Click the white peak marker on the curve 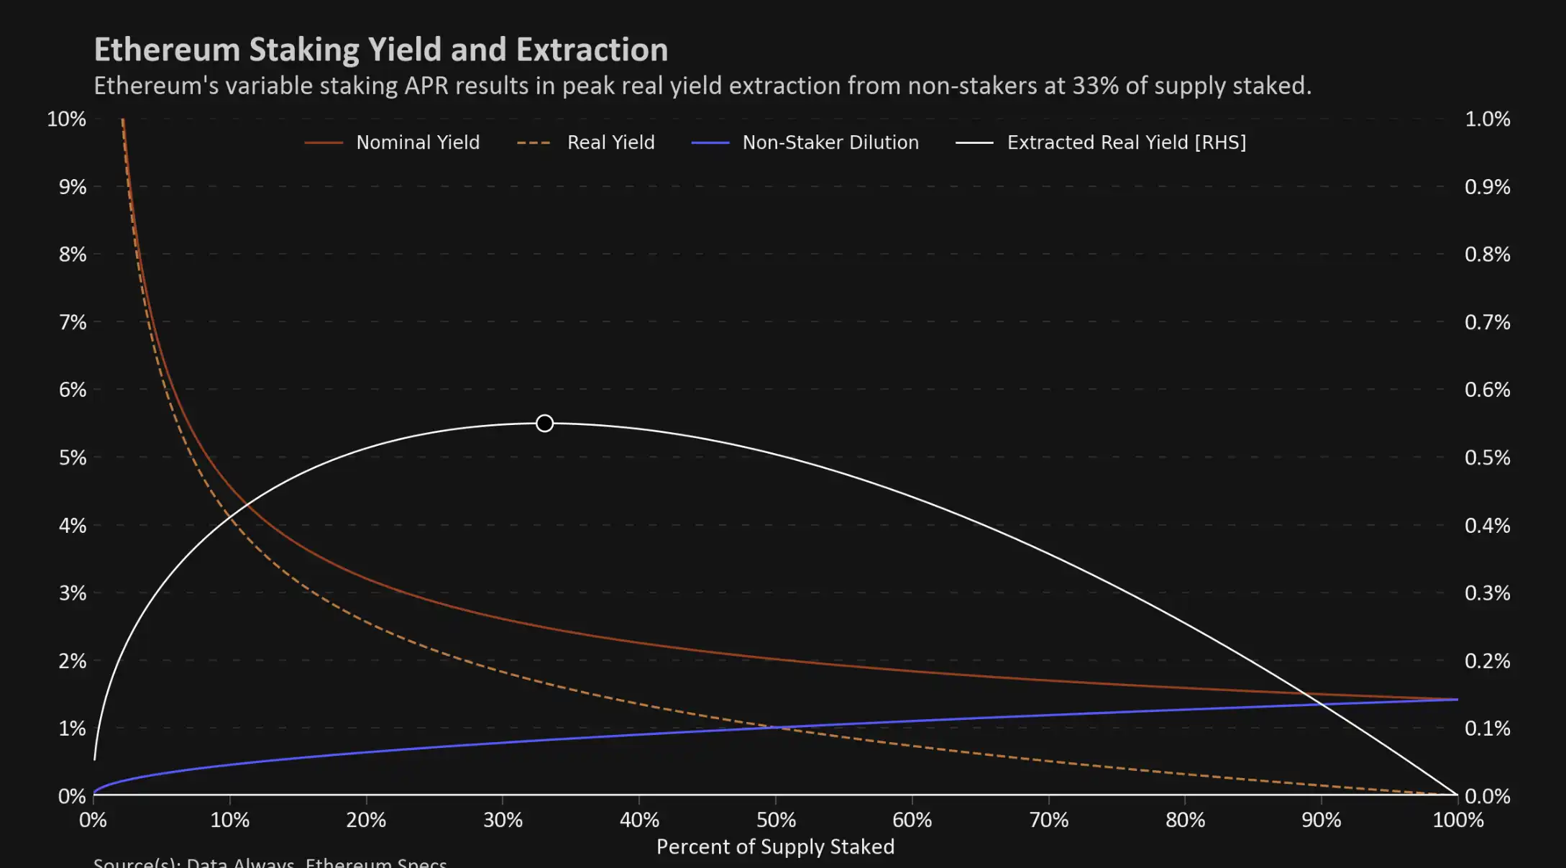coord(544,423)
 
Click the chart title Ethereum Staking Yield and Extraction coord(381,50)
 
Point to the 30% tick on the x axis coord(503,820)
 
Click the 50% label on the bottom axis coord(776,820)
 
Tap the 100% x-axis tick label coord(1457,820)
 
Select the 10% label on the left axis coord(66,119)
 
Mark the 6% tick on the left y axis coord(72,390)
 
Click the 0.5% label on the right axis coord(1487,457)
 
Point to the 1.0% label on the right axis coord(1487,119)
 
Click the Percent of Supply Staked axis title coord(775,846)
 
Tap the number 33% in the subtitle coord(1095,86)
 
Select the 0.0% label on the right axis coord(1487,796)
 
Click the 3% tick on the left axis coord(72,593)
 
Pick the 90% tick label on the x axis coord(1322,820)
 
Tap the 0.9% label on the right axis coord(1487,187)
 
